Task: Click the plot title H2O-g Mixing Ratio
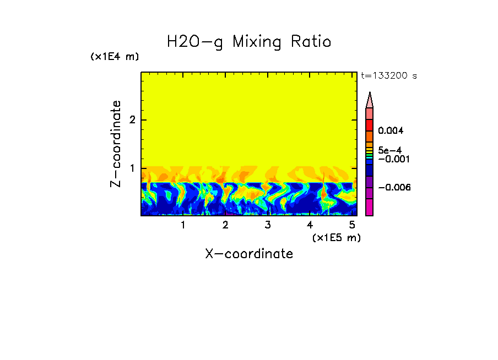(x=249, y=42)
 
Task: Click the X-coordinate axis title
(x=249, y=254)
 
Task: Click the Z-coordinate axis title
(x=116, y=144)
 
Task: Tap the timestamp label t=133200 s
(x=388, y=76)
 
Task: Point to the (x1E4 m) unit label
(x=115, y=57)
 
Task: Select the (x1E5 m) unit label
(x=336, y=237)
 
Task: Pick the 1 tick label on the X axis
(x=183, y=225)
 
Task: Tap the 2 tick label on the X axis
(x=225, y=225)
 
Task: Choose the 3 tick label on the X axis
(x=267, y=225)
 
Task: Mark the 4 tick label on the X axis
(x=310, y=225)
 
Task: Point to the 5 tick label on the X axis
(x=351, y=225)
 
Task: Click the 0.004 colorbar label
(x=391, y=131)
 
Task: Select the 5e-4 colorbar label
(x=389, y=150)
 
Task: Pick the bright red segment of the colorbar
(x=370, y=125)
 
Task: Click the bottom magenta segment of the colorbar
(x=370, y=207)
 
